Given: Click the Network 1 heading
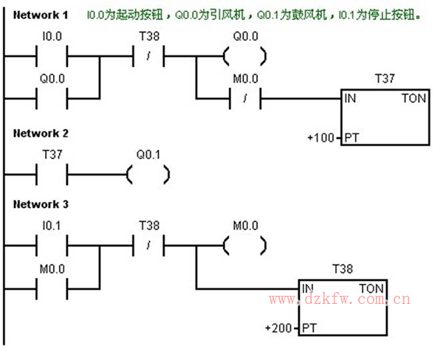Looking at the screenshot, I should (x=41, y=14).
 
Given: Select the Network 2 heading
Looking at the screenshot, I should (x=41, y=134).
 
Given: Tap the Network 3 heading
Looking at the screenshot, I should (x=41, y=204).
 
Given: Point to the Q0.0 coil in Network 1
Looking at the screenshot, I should (x=244, y=55).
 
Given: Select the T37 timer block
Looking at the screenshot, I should (x=385, y=118).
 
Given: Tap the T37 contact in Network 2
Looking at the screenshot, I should (x=51, y=175).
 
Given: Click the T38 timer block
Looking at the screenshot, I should (x=343, y=307).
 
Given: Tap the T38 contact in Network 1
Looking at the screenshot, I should (x=148, y=55).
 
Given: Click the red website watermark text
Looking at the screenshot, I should (x=340, y=300).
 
